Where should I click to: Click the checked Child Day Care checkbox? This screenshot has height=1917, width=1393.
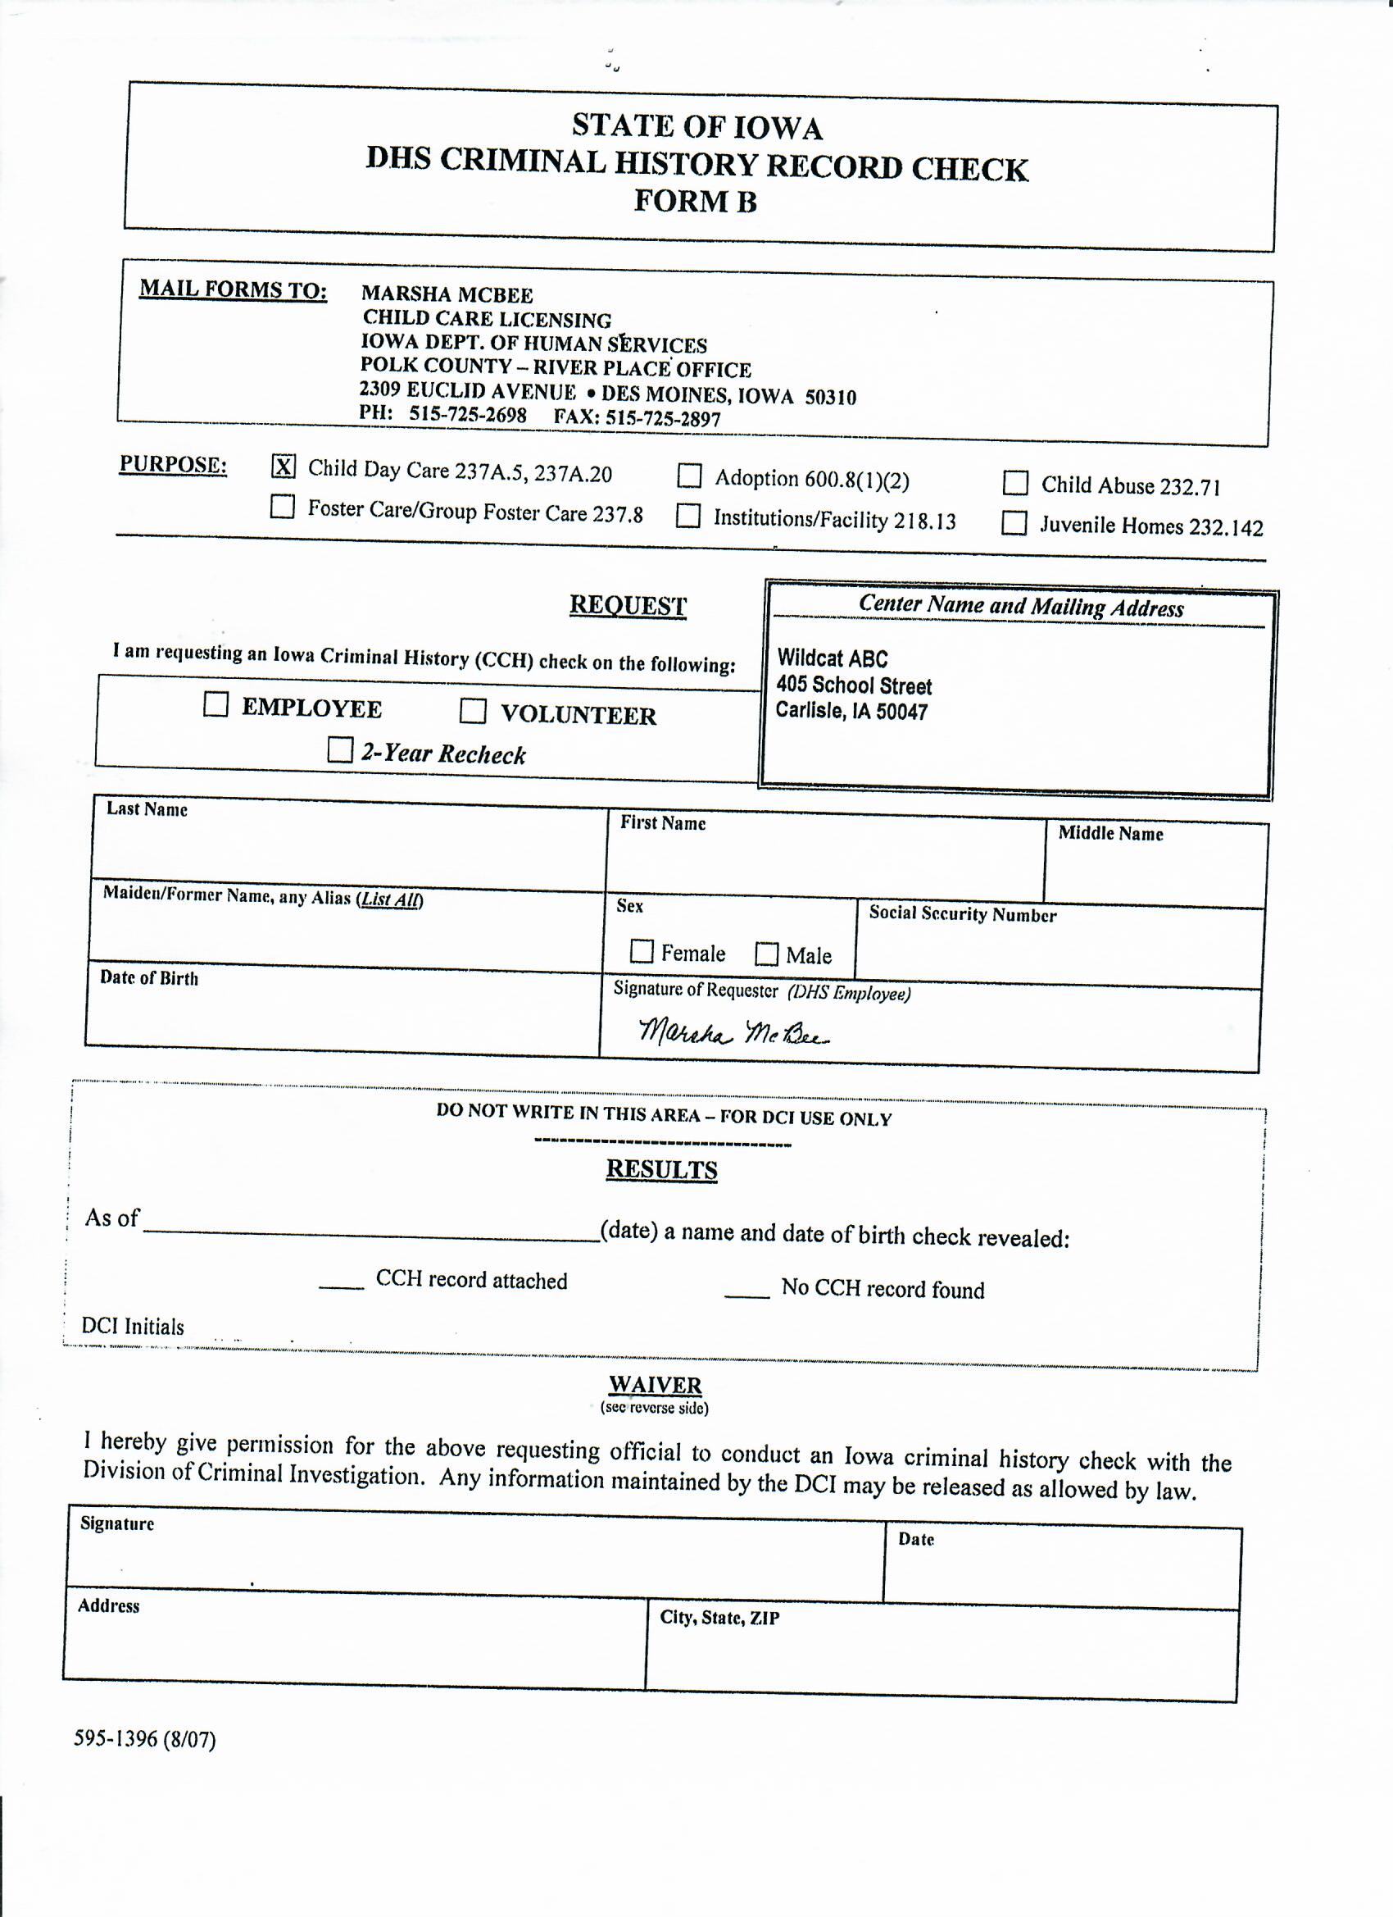(284, 466)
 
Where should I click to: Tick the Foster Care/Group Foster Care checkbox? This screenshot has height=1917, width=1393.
(282, 508)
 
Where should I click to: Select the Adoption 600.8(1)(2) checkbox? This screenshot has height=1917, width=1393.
(689, 476)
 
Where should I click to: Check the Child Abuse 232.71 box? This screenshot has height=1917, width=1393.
(1014, 484)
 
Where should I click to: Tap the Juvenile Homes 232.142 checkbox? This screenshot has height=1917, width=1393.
(1014, 524)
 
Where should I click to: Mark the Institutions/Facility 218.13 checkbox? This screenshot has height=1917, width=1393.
(688, 516)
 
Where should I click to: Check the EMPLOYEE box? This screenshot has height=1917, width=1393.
(216, 705)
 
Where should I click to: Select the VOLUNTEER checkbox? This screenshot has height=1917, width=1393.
(472, 712)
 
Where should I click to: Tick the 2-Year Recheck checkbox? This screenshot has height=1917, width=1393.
(339, 750)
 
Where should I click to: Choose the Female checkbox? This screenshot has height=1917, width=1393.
(642, 952)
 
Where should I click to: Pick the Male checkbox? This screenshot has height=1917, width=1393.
(766, 954)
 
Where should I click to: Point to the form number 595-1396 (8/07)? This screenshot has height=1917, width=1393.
(144, 1740)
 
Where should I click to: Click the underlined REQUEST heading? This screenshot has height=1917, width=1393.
(628, 605)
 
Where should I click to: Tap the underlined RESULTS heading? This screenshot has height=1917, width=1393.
(661, 1170)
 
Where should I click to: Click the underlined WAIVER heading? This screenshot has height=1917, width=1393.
(656, 1386)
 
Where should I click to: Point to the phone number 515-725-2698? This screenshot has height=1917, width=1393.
(468, 414)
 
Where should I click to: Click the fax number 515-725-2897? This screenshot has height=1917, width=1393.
(663, 418)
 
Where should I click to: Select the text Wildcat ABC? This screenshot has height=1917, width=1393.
(832, 658)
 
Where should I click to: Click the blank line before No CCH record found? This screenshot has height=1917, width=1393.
(746, 1293)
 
